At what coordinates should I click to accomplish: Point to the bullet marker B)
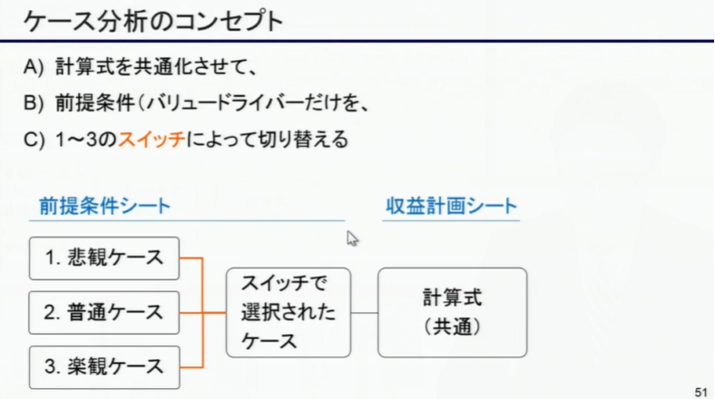(35, 102)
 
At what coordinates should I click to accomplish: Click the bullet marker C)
(35, 141)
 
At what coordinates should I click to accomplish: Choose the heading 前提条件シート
(104, 206)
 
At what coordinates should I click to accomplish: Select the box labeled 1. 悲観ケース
(104, 258)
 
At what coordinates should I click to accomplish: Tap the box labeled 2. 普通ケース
(104, 312)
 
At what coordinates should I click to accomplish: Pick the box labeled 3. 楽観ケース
(104, 366)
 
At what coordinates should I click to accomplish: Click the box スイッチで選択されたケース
(289, 312)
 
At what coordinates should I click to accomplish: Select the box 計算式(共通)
(451, 312)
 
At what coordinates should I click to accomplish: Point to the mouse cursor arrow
(351, 238)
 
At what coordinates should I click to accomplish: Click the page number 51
(700, 391)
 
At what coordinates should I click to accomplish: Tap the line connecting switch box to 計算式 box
(364, 313)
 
